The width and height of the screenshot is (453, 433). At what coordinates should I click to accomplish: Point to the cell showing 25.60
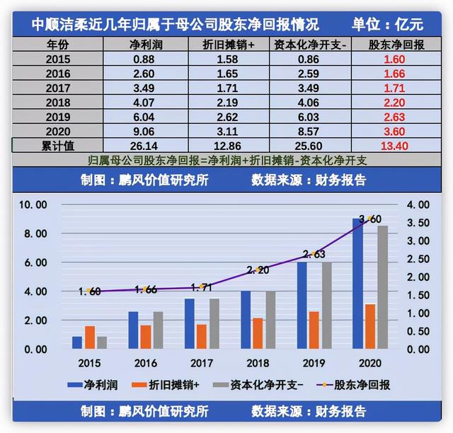(309, 146)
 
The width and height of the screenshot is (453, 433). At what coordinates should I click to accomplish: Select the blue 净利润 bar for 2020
(358, 284)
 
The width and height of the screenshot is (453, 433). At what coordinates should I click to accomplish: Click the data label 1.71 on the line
(203, 287)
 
